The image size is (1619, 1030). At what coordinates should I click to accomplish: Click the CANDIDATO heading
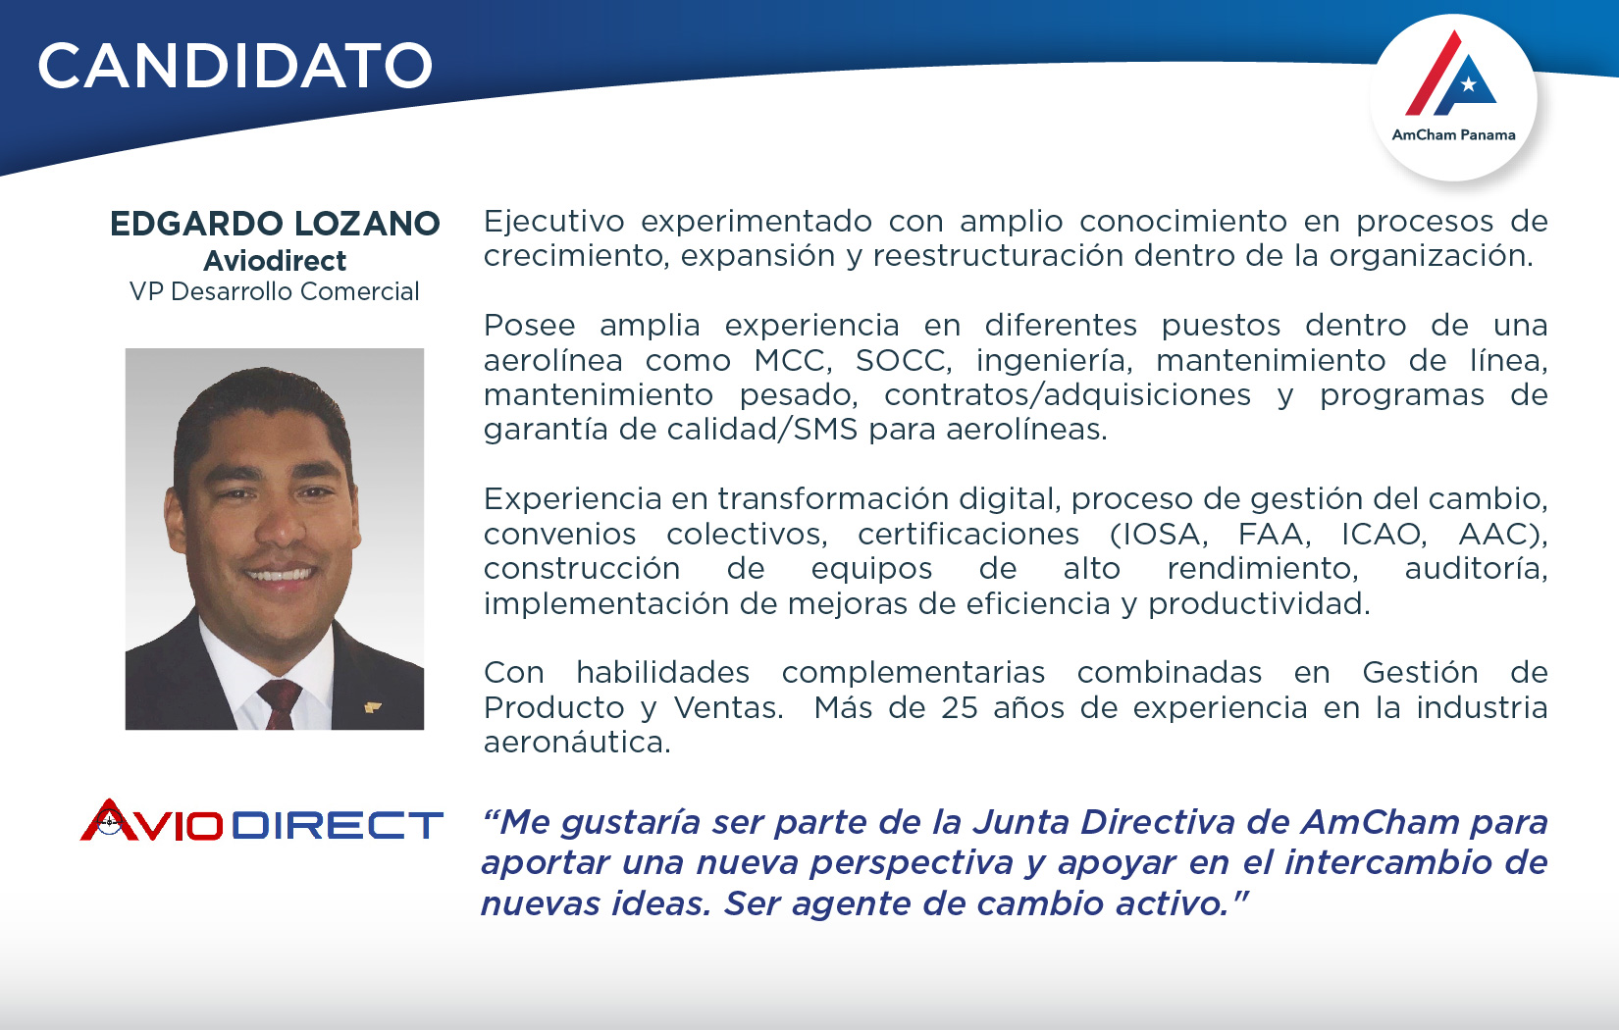pos(235,66)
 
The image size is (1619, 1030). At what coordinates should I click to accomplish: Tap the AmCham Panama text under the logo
pos(1453,135)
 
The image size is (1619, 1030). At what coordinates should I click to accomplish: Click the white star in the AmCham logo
pos(1468,85)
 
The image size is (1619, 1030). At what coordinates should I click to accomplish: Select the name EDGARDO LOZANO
pos(275,224)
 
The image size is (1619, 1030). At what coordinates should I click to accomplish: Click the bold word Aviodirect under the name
pos(275,261)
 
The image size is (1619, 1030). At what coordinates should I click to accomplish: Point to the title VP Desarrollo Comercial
pos(274,291)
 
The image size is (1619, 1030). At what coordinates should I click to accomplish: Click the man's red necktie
pos(280,704)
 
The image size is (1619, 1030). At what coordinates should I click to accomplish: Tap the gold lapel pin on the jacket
pos(372,707)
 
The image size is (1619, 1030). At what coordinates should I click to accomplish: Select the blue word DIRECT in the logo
pos(338,825)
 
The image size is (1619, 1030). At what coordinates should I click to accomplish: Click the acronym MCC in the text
pos(792,360)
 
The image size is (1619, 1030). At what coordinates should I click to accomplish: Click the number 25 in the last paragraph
pos(959,707)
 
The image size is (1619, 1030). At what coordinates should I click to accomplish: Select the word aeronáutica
pos(577,743)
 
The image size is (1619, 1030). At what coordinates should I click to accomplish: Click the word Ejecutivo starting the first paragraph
pos(553,222)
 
